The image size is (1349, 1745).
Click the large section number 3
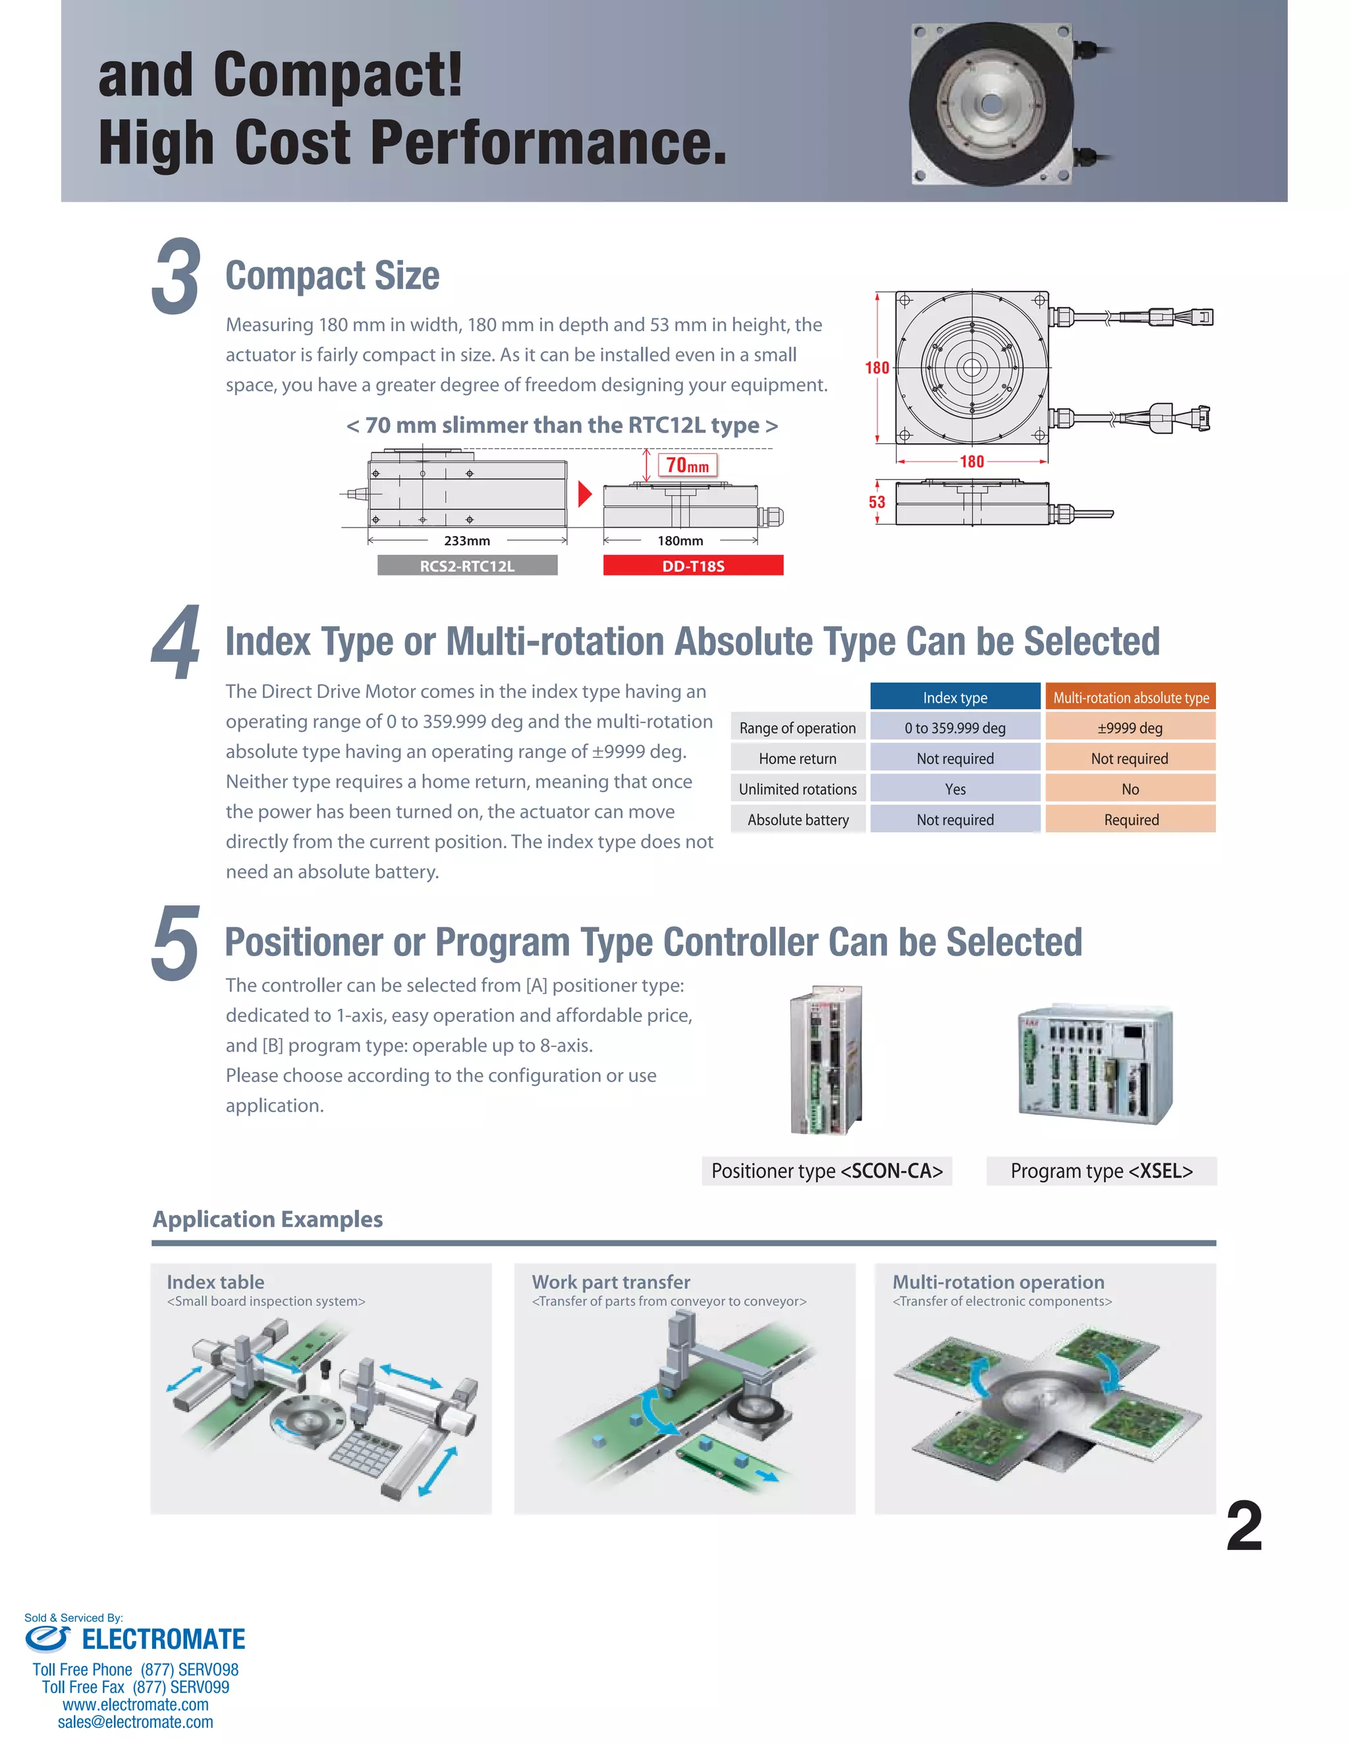point(175,277)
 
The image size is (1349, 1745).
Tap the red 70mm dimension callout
point(687,465)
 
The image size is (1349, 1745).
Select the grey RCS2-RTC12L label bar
point(468,566)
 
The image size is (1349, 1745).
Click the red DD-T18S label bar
point(693,566)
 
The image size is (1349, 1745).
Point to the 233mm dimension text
point(467,541)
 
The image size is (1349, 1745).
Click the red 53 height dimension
point(877,502)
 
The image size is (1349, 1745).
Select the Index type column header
point(955,697)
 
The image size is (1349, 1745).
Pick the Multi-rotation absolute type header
point(1130,697)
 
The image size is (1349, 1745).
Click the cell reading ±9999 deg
point(1130,727)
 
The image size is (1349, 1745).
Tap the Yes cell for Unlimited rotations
point(955,789)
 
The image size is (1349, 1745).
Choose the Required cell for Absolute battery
point(1130,819)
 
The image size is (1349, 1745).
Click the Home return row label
point(798,758)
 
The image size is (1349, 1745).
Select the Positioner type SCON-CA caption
point(827,1171)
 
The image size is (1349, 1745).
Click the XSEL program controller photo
point(1095,1063)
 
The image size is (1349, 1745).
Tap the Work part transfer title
point(611,1281)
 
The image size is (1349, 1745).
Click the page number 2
point(1244,1526)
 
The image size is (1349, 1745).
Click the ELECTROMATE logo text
point(163,1639)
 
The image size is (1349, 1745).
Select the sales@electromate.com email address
point(135,1722)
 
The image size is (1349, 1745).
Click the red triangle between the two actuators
point(584,494)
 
